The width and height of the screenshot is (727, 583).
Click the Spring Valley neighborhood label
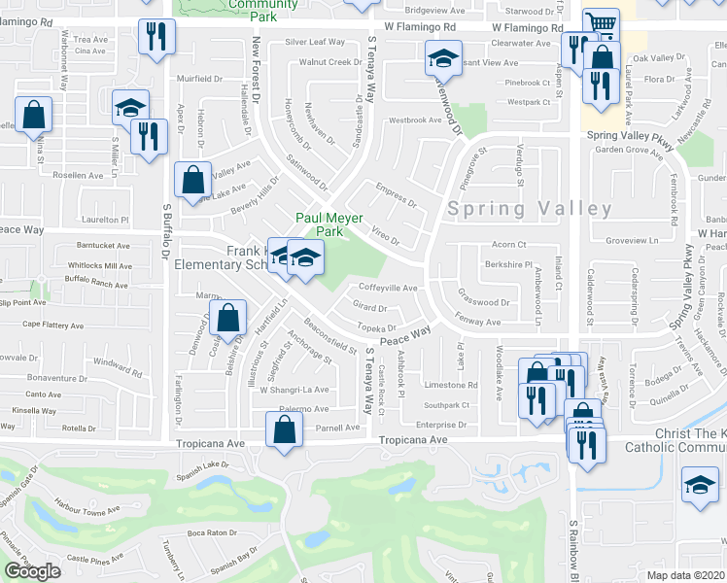[x=530, y=209]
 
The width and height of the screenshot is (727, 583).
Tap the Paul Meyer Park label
[x=321, y=224]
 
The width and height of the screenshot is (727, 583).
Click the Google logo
[x=32, y=571]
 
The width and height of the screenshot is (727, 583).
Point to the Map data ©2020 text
[x=686, y=575]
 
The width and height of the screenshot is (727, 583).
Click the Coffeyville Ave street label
[x=388, y=288]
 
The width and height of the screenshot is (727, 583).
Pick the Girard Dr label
[x=369, y=307]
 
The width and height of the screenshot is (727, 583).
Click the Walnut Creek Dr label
[x=330, y=62]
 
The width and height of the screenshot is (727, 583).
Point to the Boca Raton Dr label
[x=212, y=532]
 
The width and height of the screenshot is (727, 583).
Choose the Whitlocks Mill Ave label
[x=104, y=266]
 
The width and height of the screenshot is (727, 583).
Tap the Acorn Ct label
[x=508, y=245]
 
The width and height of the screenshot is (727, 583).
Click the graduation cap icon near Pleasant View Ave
[x=442, y=60]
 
